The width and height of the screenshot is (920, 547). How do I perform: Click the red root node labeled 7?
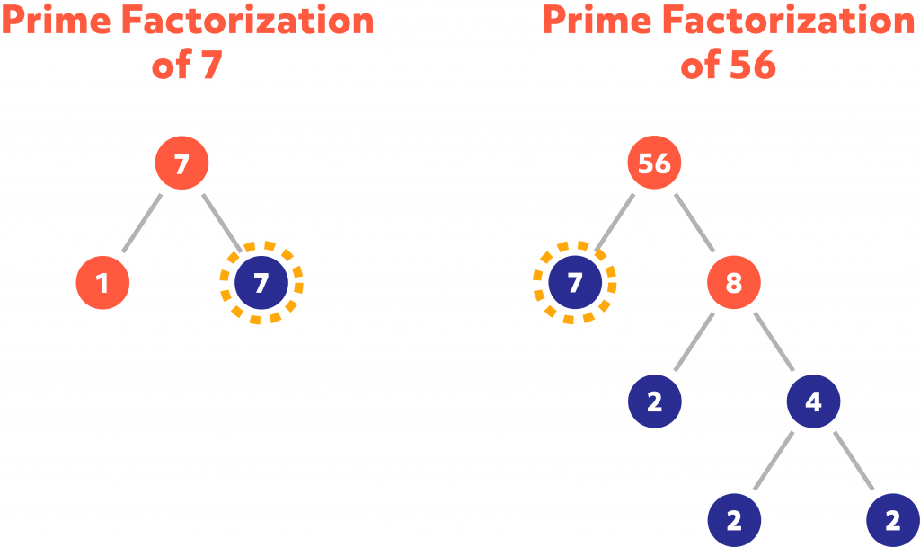tap(181, 164)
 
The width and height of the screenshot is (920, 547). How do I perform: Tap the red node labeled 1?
tap(102, 283)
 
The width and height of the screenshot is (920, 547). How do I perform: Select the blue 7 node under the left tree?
tap(261, 283)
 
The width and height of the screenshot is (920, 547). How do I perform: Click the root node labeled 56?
tap(655, 164)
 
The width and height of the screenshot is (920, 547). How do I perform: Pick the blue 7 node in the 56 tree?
tap(576, 283)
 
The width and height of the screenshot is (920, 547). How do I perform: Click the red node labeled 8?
tap(734, 283)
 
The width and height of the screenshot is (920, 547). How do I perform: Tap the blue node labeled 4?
tap(813, 401)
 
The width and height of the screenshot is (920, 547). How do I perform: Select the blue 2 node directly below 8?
tap(655, 401)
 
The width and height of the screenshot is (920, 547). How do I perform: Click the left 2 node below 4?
tap(734, 520)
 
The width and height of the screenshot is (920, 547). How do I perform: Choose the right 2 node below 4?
tap(892, 520)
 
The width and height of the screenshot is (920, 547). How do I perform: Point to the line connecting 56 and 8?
tap(694, 224)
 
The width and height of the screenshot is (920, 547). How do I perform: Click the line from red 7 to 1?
tap(142, 224)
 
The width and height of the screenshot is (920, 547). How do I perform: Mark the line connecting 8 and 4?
tap(774, 342)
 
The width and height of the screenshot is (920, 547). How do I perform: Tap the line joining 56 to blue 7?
tap(615, 224)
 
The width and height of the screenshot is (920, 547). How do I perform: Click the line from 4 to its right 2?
tap(853, 461)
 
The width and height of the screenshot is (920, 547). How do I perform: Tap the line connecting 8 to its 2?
tap(694, 342)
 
